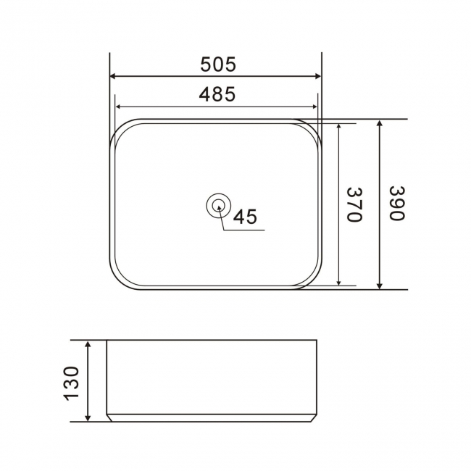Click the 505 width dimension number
[217, 64]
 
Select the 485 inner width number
[217, 94]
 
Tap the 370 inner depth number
[353, 204]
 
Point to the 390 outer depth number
[396, 204]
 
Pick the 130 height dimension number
[71, 383]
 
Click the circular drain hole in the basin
[217, 207]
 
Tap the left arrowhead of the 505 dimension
[114, 76]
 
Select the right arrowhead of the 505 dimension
[316, 76]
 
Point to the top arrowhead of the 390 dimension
[380, 124]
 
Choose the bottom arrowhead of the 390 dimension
[380, 284]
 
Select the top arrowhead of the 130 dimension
[88, 345]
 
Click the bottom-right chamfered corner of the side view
[314, 417]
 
